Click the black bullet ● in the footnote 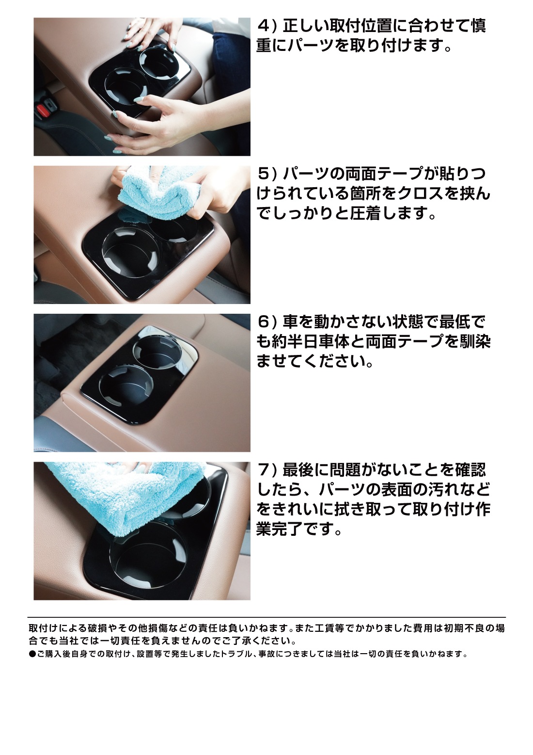(32, 654)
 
